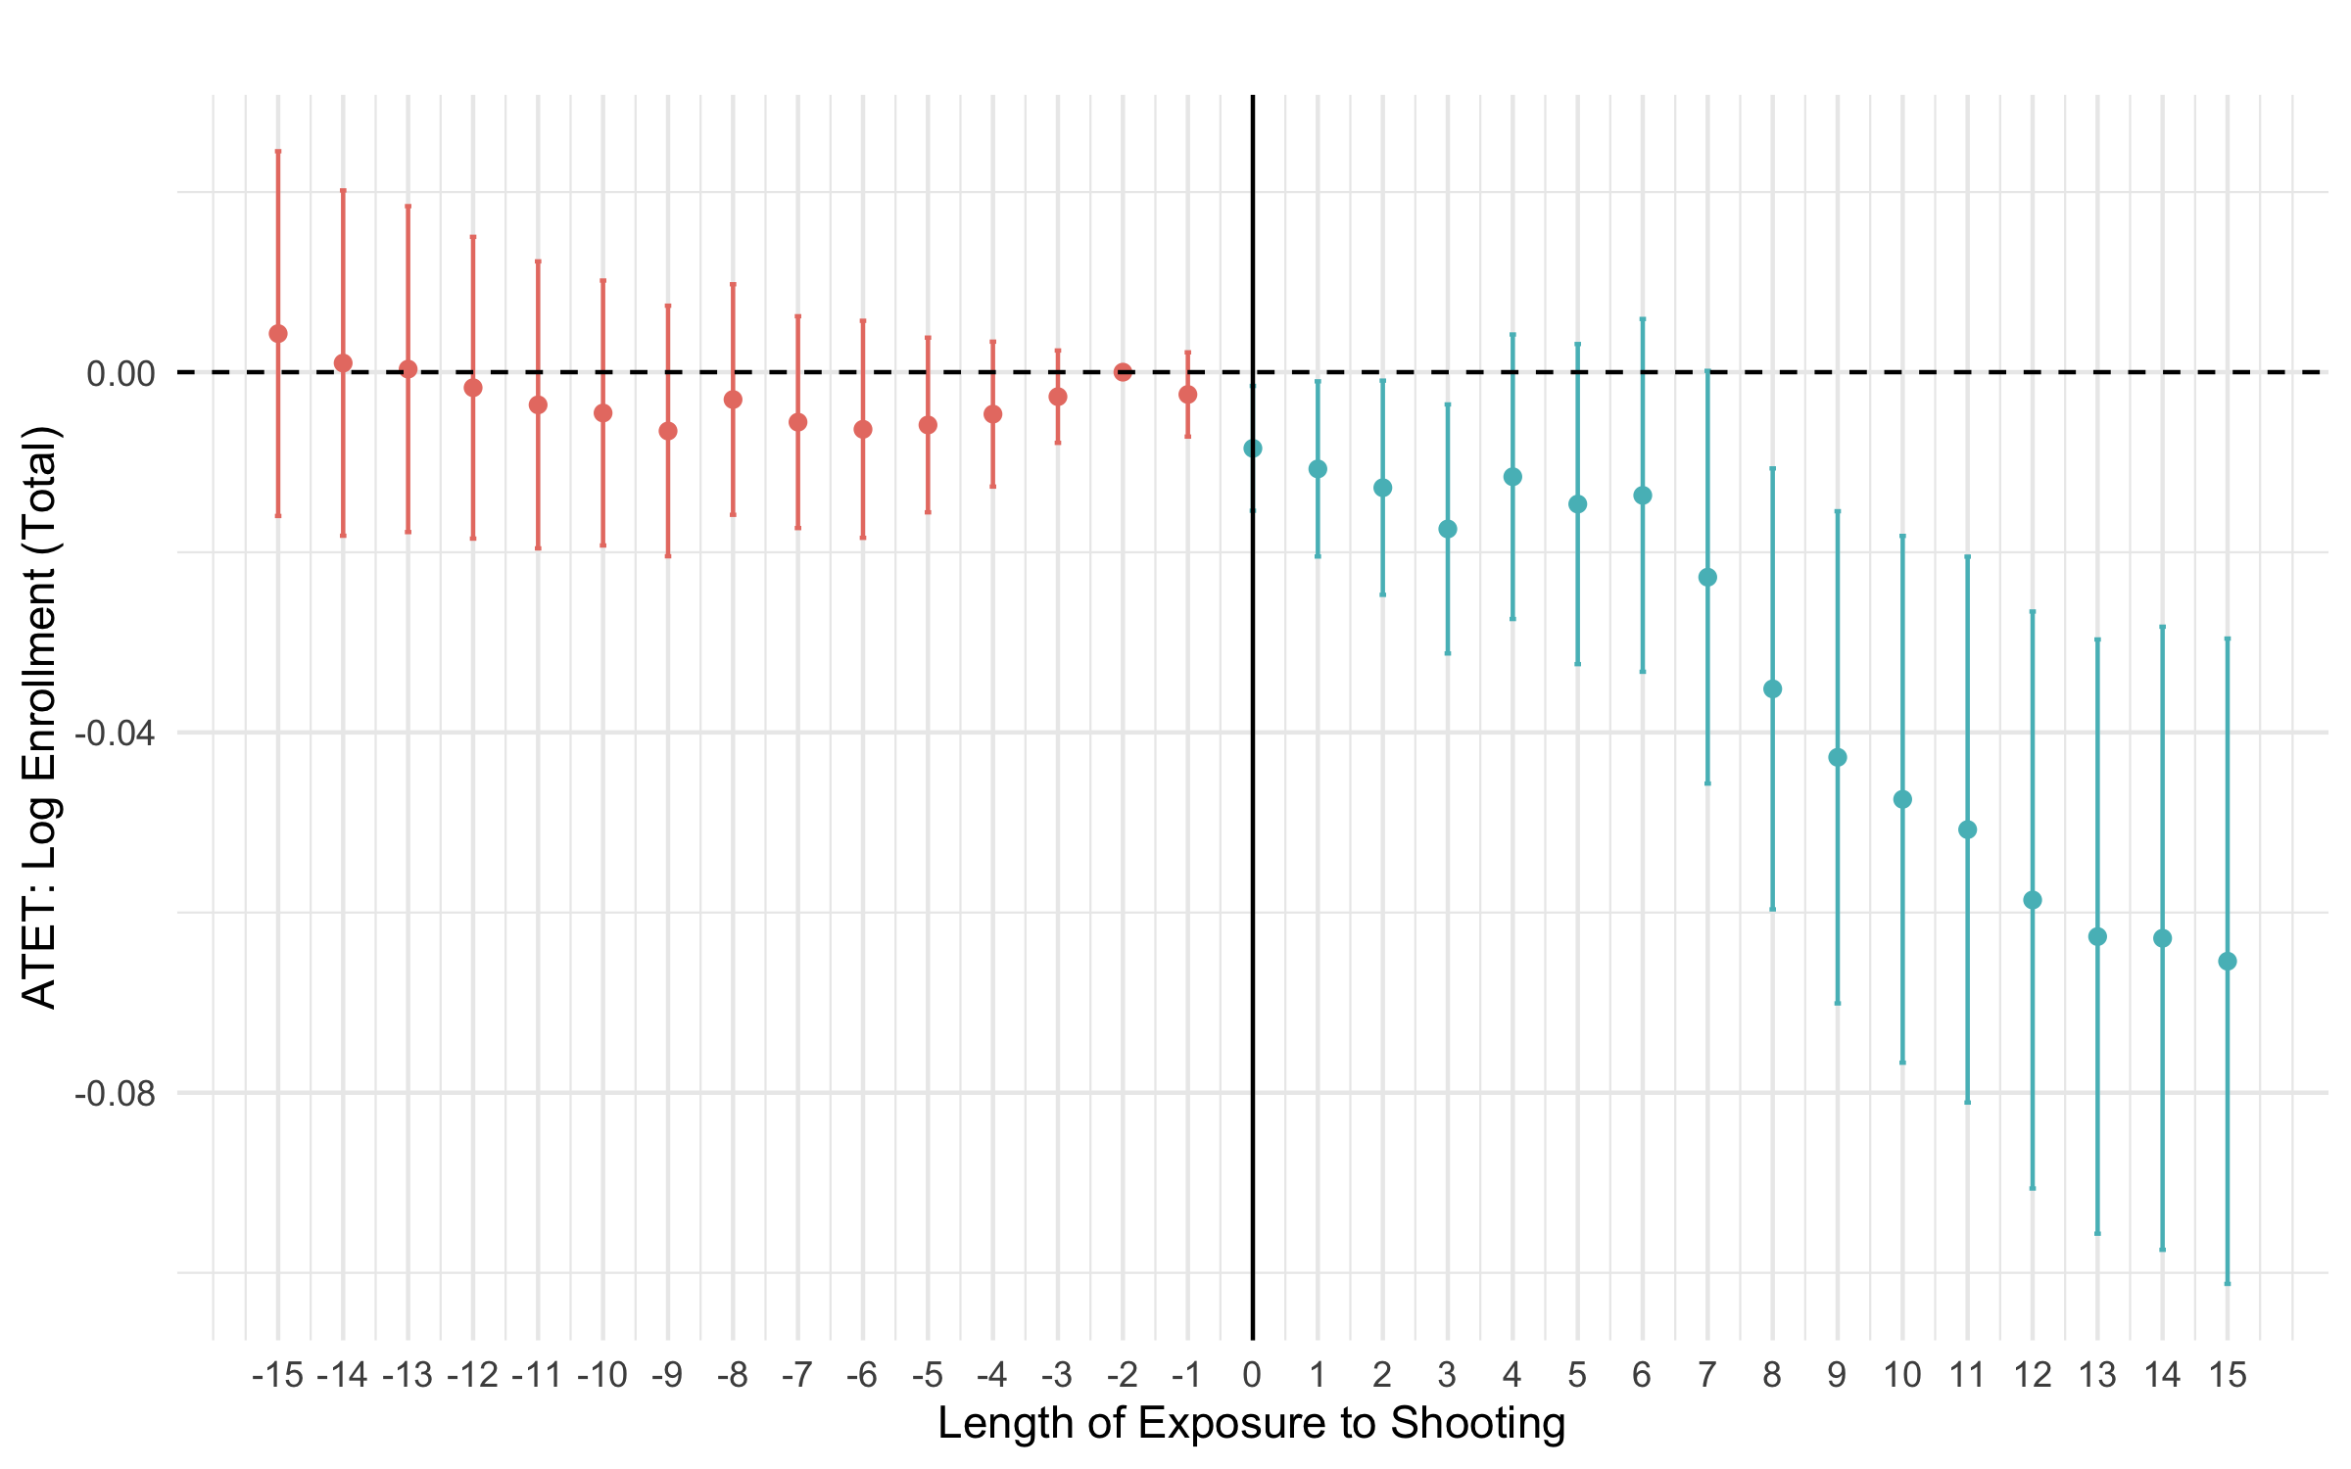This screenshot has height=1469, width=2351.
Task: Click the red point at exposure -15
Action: (x=278, y=334)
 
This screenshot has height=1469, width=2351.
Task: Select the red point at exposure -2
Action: (x=1123, y=372)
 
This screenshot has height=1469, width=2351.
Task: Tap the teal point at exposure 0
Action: (x=1253, y=449)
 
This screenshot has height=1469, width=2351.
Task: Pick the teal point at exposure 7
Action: (x=1707, y=578)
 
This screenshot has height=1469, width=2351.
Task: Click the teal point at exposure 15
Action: (x=2228, y=962)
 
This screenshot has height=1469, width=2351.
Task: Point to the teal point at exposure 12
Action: (x=2033, y=900)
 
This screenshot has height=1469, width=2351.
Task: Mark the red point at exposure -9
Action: (x=668, y=431)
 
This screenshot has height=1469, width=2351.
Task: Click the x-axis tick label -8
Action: (x=732, y=1376)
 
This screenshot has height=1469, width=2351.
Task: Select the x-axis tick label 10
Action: (x=1901, y=1376)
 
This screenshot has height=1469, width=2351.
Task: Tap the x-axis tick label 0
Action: (x=1252, y=1376)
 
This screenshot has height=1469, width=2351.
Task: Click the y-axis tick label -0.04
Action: (x=115, y=733)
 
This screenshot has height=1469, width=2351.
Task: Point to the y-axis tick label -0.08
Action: (x=115, y=1093)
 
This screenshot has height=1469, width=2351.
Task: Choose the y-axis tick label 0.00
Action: (x=120, y=373)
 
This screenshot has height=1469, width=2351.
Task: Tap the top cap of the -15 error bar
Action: (x=278, y=152)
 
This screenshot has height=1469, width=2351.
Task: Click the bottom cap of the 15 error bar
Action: (x=2228, y=1283)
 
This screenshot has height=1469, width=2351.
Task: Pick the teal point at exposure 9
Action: (x=1838, y=757)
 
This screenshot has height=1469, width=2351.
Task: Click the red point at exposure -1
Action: (x=1188, y=395)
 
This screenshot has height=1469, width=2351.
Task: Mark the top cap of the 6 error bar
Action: (x=1643, y=319)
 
